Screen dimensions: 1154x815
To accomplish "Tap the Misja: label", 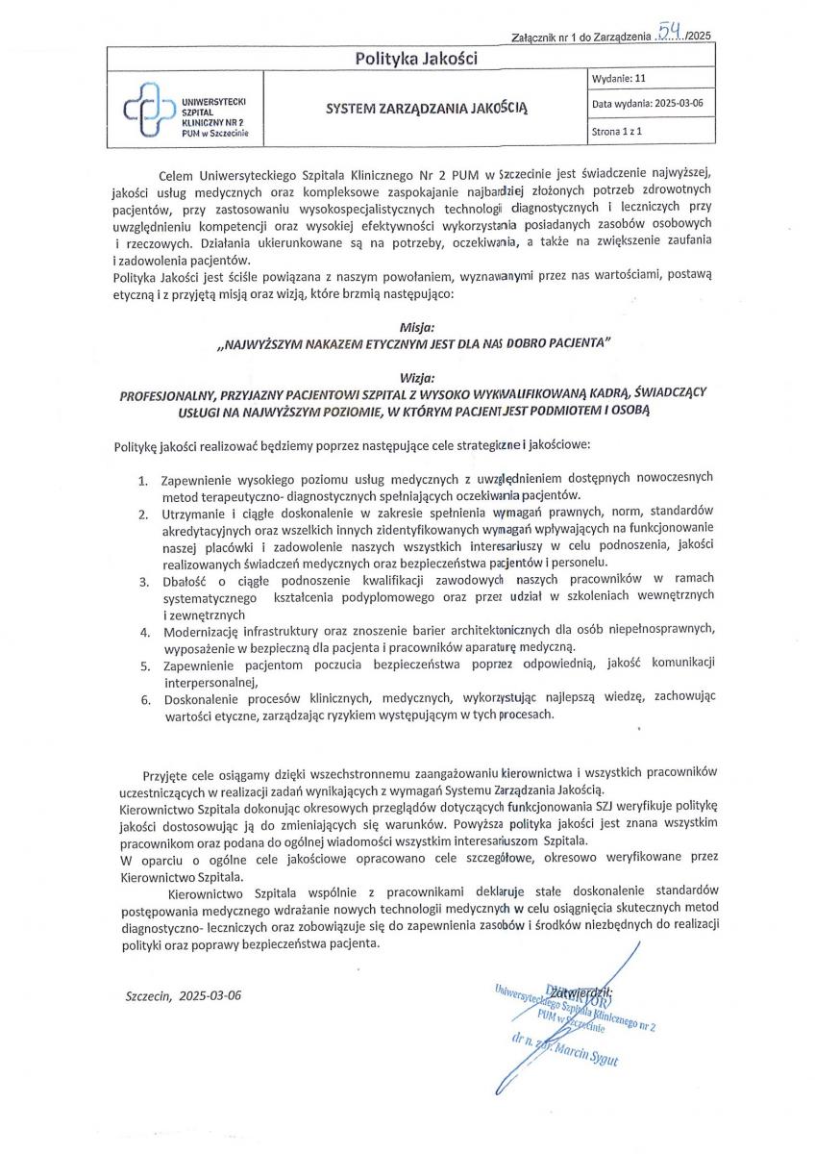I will point(415,327).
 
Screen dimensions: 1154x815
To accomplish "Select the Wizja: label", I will point(414,377).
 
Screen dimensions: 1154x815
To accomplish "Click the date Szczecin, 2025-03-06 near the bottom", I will point(184,994).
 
